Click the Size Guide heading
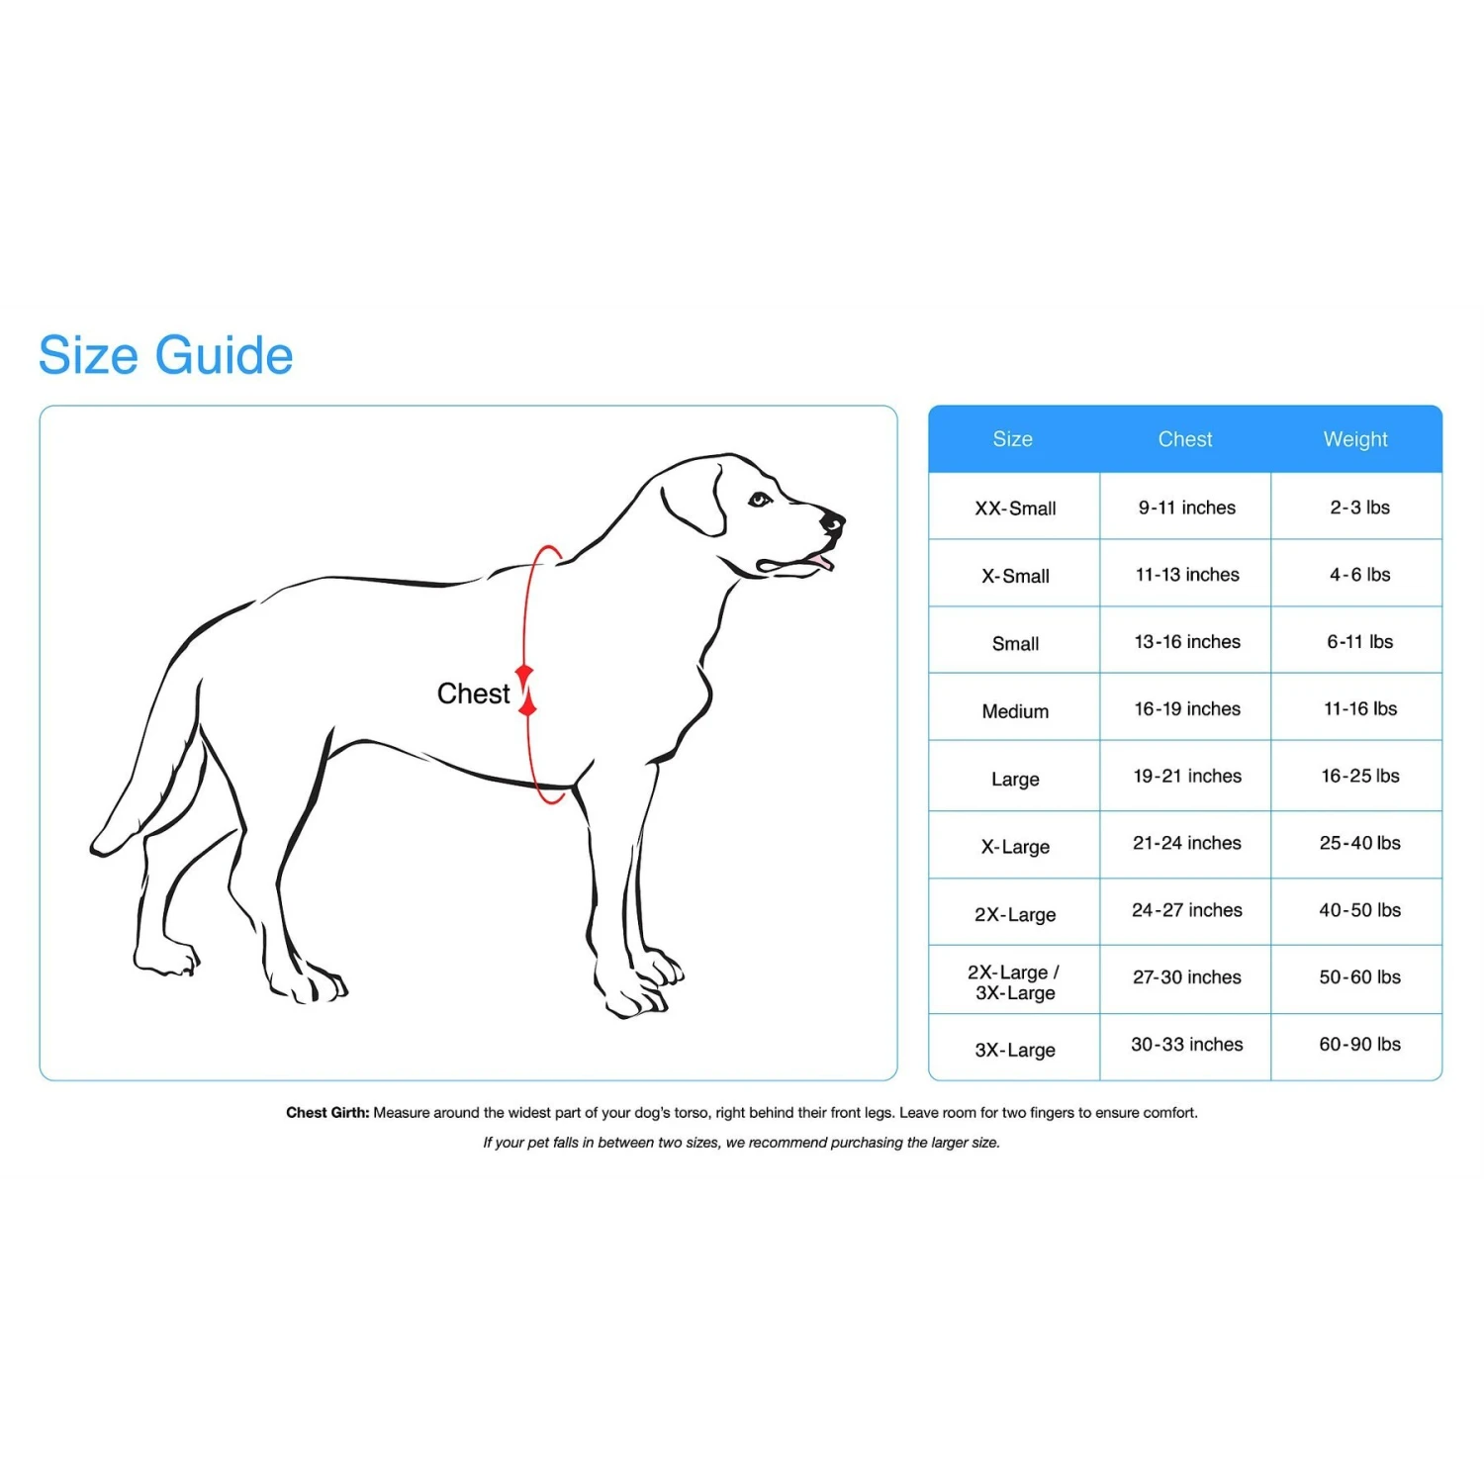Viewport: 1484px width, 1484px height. (x=166, y=356)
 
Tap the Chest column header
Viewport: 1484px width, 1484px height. (x=1185, y=439)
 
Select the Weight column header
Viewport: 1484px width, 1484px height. (x=1355, y=439)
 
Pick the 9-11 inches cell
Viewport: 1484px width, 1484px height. (x=1186, y=508)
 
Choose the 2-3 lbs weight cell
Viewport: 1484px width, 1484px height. (x=1359, y=508)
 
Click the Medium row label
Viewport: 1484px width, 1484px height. (x=1015, y=711)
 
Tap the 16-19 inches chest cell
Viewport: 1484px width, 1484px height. (x=1186, y=709)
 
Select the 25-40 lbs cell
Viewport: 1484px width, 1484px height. (x=1359, y=843)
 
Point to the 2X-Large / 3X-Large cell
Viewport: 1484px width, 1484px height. (x=1014, y=982)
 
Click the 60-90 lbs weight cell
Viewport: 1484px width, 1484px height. (x=1359, y=1045)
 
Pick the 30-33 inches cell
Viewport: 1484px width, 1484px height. (x=1186, y=1045)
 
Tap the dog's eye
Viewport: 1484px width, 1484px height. (x=759, y=500)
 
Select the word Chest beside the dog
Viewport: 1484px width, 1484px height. (x=473, y=694)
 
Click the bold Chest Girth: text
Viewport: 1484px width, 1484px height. (x=327, y=1113)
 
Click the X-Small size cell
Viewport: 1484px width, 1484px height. (x=1015, y=576)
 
